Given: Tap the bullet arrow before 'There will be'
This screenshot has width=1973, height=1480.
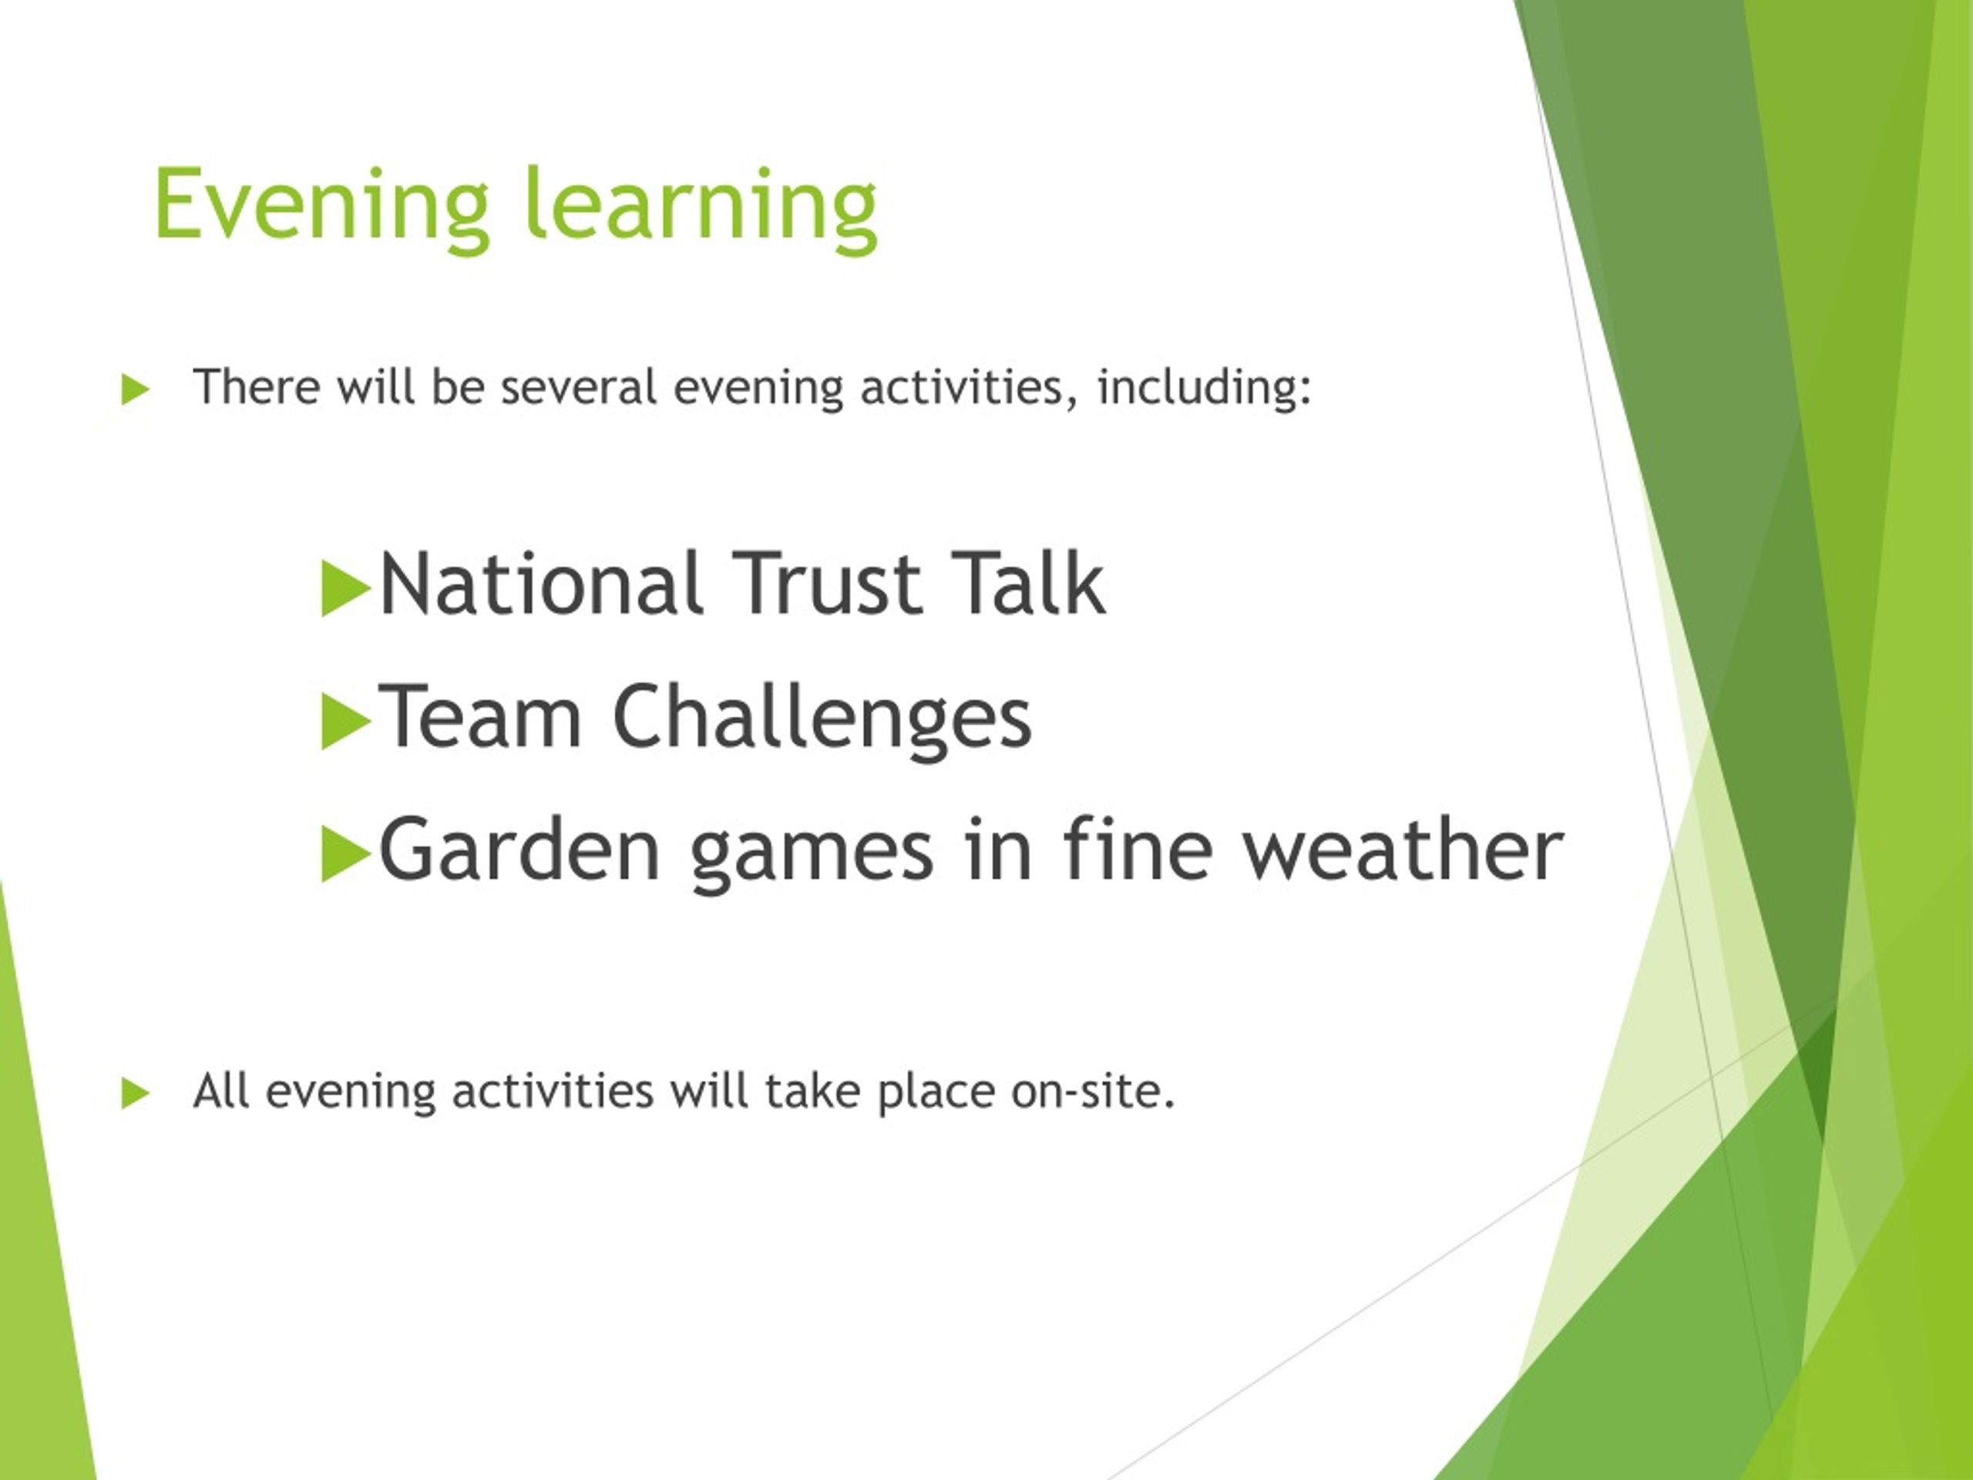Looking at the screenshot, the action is click(135, 390).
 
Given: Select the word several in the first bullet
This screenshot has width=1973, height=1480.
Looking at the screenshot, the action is click(578, 388).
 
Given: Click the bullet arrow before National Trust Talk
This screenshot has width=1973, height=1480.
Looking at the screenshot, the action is click(345, 589).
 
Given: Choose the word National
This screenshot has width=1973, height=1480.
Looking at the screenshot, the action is click(539, 584).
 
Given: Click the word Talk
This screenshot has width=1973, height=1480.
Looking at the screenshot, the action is click(1028, 584).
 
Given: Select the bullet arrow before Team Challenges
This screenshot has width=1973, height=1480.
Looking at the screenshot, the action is click(345, 721).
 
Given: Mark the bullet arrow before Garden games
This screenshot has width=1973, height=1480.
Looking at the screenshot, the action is click(345, 854).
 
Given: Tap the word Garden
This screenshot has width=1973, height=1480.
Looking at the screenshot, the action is click(519, 849).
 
